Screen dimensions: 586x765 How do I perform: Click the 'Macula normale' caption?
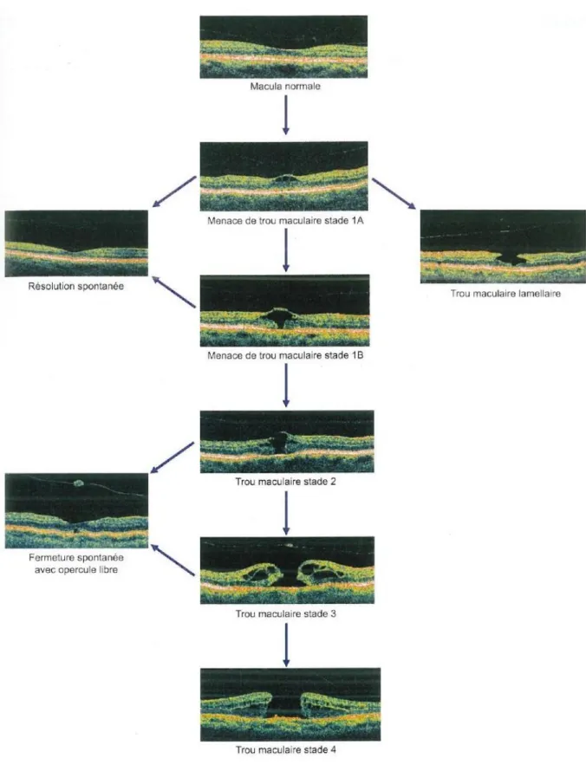coord(285,87)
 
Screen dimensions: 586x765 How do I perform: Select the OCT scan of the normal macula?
coord(283,47)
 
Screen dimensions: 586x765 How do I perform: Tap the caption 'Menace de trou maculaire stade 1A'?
coord(285,221)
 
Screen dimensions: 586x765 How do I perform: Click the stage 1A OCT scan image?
coord(283,176)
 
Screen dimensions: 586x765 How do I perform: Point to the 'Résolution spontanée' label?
coord(75,287)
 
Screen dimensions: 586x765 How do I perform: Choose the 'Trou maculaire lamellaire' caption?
coord(505,294)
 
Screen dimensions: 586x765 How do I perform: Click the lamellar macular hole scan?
coord(503,246)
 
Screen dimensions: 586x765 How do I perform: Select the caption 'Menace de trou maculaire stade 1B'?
coord(285,355)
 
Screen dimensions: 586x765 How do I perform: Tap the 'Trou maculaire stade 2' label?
coord(286,482)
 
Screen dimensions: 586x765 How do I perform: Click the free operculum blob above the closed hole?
coord(79,483)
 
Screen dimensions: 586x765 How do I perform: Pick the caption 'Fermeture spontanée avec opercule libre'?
coord(76,563)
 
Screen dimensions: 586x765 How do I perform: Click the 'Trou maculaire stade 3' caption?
coord(286,613)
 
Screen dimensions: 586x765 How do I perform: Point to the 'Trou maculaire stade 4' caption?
coord(286,749)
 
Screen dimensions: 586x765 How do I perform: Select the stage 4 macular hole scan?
coord(290,704)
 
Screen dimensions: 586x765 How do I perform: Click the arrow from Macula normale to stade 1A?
coord(286,114)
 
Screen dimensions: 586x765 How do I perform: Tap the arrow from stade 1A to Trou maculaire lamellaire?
coord(394,194)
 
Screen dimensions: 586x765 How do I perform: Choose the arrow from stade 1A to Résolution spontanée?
coord(174,191)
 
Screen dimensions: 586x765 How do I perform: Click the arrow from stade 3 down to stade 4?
coord(286,645)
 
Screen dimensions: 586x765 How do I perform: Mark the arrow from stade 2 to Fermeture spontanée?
coord(173,457)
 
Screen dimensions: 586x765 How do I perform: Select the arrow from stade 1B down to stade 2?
coord(286,386)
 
